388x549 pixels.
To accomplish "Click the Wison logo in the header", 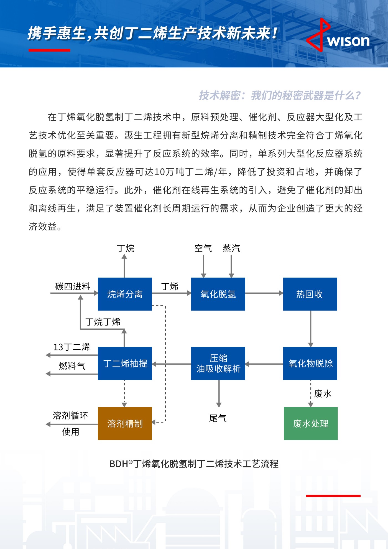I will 338,36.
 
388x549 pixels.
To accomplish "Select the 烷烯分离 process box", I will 125,294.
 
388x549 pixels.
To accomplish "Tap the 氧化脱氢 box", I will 218,294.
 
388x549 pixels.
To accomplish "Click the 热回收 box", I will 310,294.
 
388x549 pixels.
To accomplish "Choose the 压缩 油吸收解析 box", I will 218,363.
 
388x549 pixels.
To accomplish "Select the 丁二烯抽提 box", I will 125,363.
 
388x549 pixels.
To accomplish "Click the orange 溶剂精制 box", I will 125,423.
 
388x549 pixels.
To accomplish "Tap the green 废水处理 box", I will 311,423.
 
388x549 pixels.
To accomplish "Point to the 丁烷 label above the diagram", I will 125,248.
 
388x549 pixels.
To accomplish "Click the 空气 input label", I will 203,248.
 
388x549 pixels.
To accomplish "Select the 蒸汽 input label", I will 231,248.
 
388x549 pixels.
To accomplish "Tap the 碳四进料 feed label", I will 73,286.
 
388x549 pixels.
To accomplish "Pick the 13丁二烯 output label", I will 72,347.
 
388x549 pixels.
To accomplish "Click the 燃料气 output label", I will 72,366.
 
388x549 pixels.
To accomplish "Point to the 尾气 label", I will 218,418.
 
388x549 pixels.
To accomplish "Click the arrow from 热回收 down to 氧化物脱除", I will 311,329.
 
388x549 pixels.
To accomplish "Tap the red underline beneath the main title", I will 49,50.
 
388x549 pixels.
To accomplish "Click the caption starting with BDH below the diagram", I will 194,464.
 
